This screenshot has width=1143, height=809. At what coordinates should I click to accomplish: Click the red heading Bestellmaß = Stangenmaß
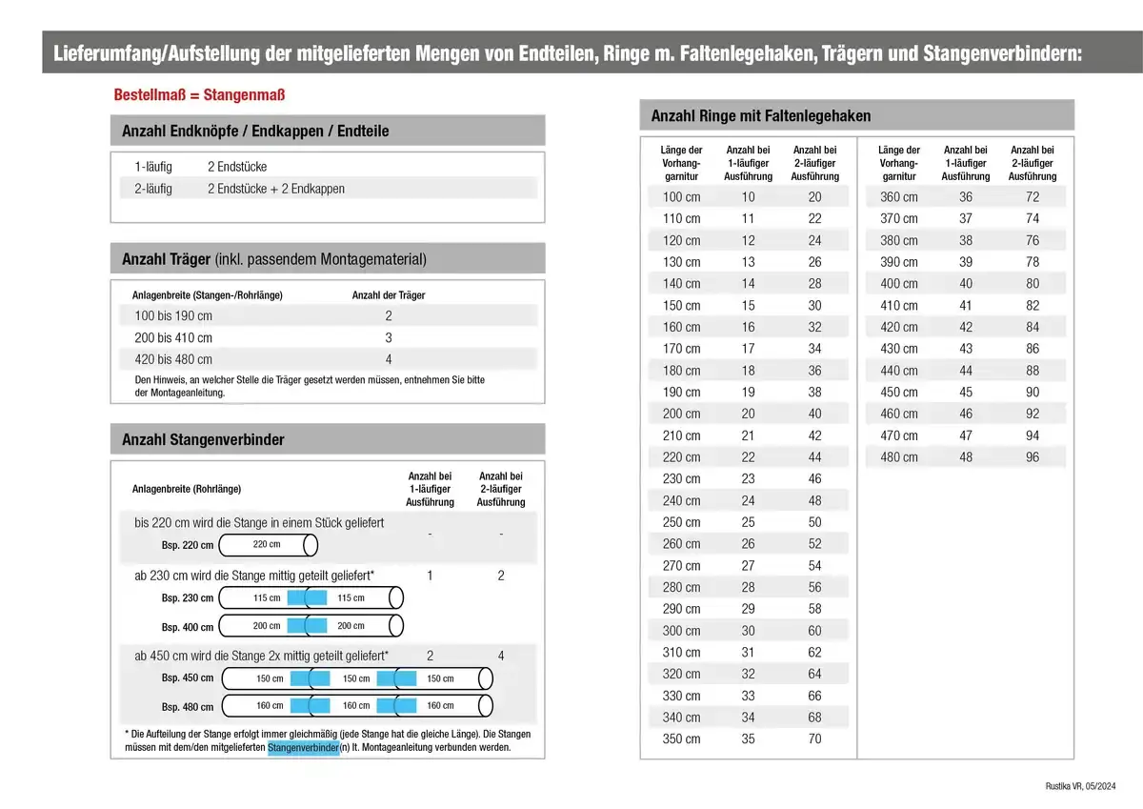(199, 95)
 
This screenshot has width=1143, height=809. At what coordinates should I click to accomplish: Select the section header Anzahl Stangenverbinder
(203, 440)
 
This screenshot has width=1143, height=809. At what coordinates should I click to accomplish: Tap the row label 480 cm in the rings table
(899, 457)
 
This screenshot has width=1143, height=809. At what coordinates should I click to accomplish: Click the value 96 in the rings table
(1033, 457)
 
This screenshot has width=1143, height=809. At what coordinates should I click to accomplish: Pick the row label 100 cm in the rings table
(681, 197)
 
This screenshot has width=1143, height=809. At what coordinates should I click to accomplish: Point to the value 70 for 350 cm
(814, 739)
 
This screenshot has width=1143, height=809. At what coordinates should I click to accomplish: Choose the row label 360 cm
(899, 197)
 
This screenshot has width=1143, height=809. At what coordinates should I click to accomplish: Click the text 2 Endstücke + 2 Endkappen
(276, 189)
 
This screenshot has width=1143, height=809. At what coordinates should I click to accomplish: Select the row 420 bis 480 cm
(173, 359)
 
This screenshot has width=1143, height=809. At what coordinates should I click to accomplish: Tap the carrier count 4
(389, 359)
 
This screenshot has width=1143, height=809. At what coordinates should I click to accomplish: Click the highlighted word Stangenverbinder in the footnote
(304, 748)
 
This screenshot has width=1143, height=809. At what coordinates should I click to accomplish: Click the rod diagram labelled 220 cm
(268, 545)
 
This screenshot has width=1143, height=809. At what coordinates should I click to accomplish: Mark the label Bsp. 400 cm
(188, 627)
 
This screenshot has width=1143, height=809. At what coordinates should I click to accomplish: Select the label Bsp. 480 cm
(188, 707)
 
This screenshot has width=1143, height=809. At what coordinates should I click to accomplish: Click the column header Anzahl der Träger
(389, 295)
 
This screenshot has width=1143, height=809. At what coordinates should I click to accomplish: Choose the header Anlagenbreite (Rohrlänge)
(187, 489)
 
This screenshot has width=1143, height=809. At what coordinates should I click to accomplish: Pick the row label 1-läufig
(153, 167)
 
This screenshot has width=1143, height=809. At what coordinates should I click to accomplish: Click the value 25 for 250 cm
(748, 522)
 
